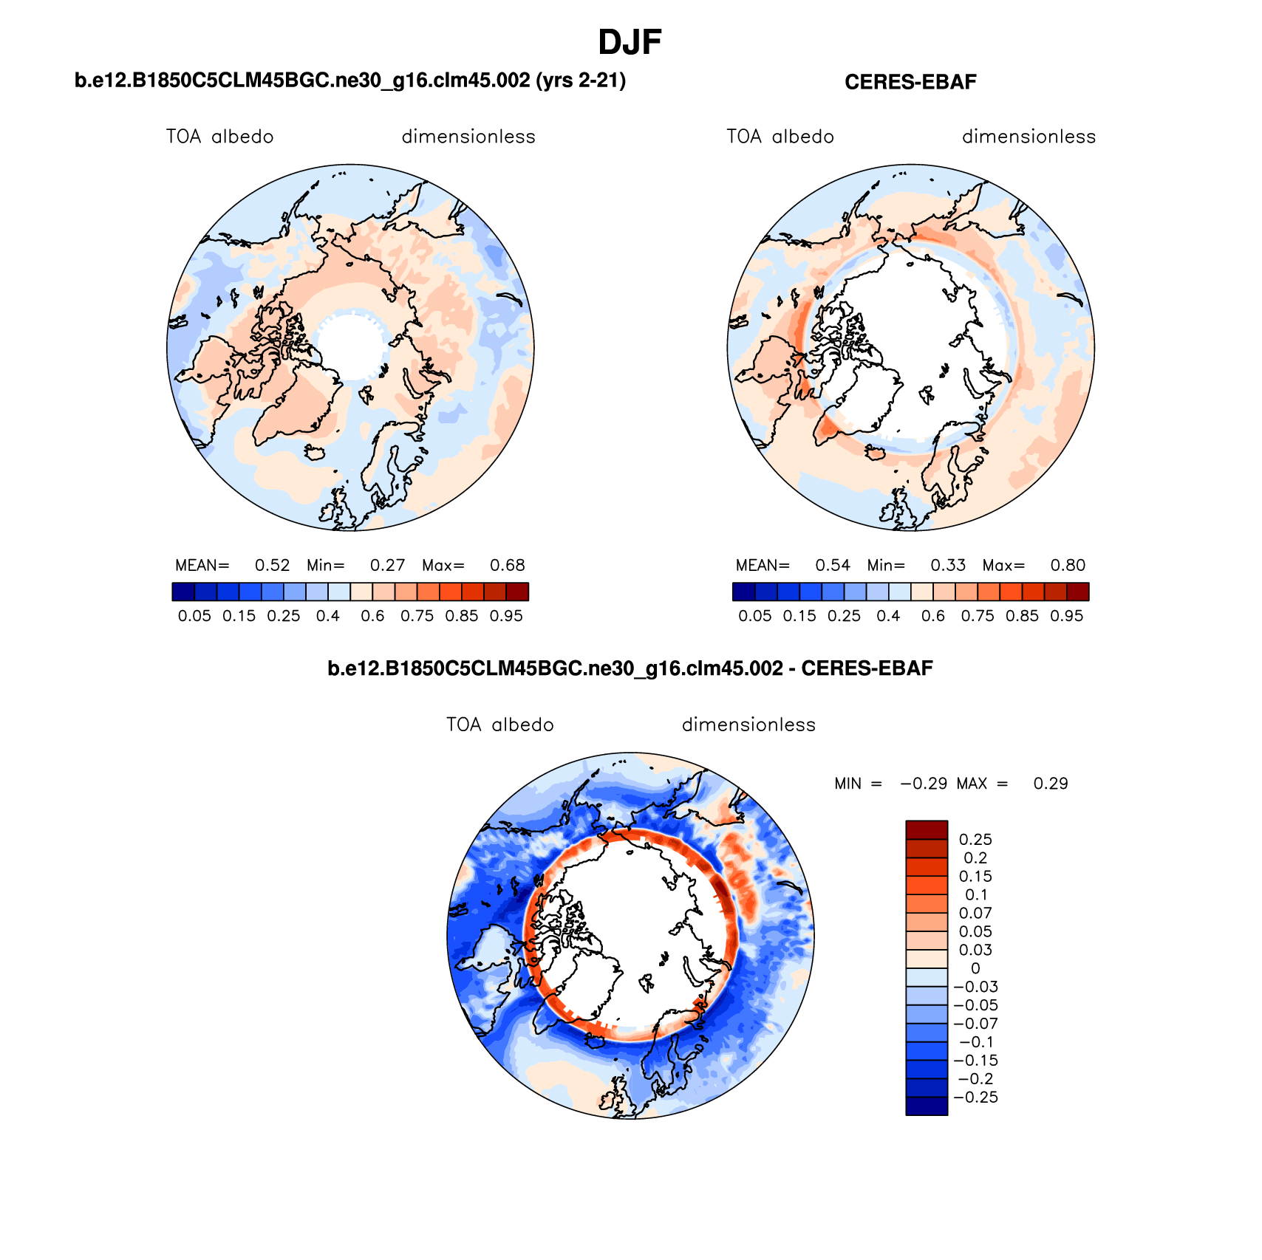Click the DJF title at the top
click(630, 43)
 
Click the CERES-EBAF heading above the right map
click(910, 82)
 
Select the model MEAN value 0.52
click(272, 566)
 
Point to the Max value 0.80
click(1068, 566)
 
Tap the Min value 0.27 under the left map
click(387, 566)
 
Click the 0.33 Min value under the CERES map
click(948, 566)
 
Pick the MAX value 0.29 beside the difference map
click(1051, 784)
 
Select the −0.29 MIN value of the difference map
click(924, 784)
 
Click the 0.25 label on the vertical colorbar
click(975, 840)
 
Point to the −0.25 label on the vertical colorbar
click(975, 1098)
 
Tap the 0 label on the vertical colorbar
click(975, 968)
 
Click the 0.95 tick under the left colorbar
click(506, 616)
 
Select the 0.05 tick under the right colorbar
click(754, 616)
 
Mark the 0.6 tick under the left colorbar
click(372, 616)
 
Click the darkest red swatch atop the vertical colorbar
click(927, 829)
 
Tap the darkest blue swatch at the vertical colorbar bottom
click(927, 1106)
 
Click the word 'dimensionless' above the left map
click(468, 137)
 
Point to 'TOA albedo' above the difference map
click(499, 725)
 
